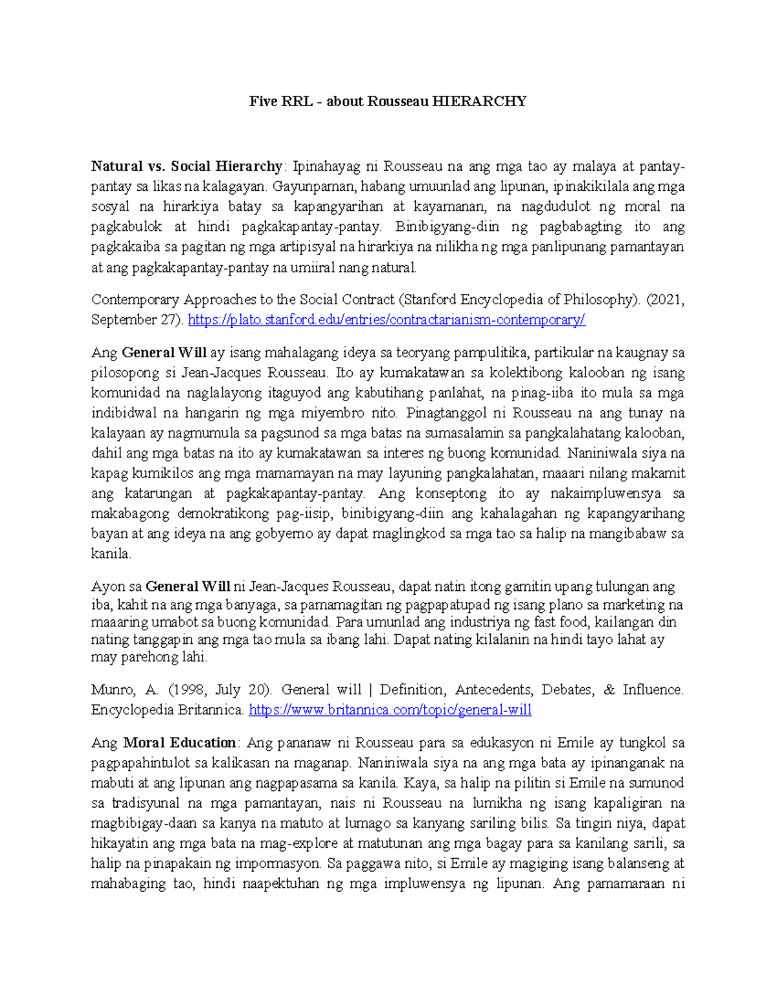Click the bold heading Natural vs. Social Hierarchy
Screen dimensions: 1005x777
click(186, 166)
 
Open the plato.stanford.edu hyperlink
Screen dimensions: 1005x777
click(386, 320)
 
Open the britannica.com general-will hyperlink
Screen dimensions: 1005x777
click(390, 710)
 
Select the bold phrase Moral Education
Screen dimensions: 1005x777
click(179, 742)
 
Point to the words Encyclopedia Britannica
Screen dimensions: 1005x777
click(167, 710)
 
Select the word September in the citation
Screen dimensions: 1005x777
click(123, 320)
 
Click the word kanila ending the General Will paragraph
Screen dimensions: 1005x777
click(110, 554)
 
